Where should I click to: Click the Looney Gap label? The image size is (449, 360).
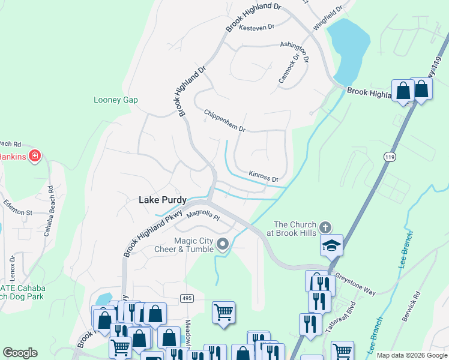coord(116,100)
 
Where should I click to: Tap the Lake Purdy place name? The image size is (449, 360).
coord(163,200)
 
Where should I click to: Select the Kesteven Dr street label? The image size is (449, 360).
coord(256,27)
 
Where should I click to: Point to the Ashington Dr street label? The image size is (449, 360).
coord(295,52)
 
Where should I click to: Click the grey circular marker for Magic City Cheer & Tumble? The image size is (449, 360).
coord(223,243)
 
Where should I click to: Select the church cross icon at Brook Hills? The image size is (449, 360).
coord(325,227)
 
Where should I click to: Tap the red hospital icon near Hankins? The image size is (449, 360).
coord(35,156)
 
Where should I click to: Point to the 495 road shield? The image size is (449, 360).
coord(187,298)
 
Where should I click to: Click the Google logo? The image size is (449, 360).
coord(20,352)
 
